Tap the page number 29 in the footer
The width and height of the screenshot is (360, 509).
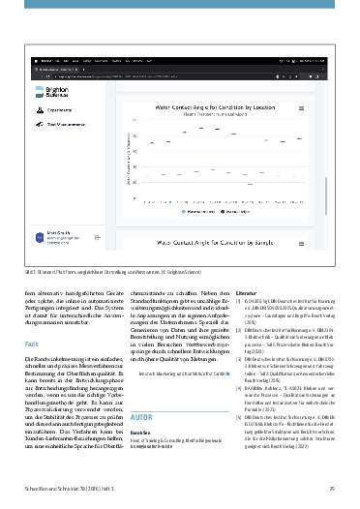tap(332, 485)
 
